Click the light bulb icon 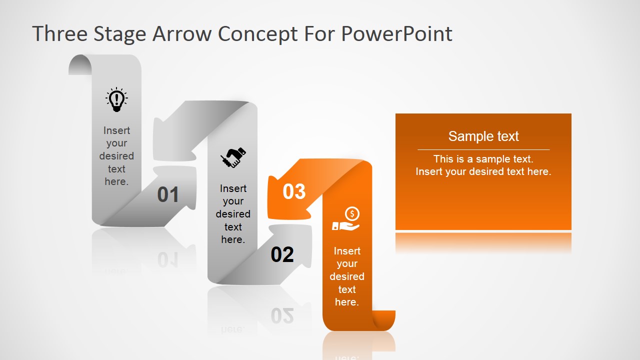tap(116, 99)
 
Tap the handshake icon tap(233, 157)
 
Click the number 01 tap(168, 195)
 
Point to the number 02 tap(282, 255)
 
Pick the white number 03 tap(294, 191)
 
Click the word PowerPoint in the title tap(397, 34)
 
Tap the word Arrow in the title tap(181, 34)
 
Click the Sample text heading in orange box tap(483, 136)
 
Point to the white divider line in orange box tap(483, 149)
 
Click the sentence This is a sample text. tap(483, 159)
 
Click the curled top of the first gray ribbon tap(80, 64)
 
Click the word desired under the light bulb tap(116, 156)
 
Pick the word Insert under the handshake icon tap(233, 188)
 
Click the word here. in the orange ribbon tap(346, 302)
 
